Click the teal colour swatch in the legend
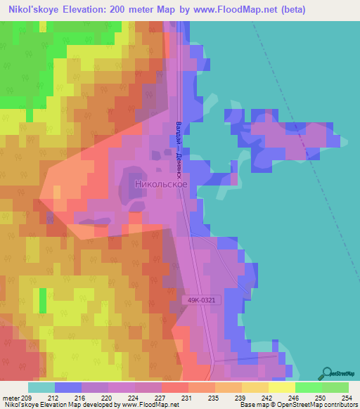pyautogui.click(x=41, y=387)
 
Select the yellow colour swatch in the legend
pyautogui.click(x=282, y=387)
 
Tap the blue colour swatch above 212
pyautogui.click(x=68, y=387)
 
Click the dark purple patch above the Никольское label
pyautogui.click(x=152, y=172)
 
